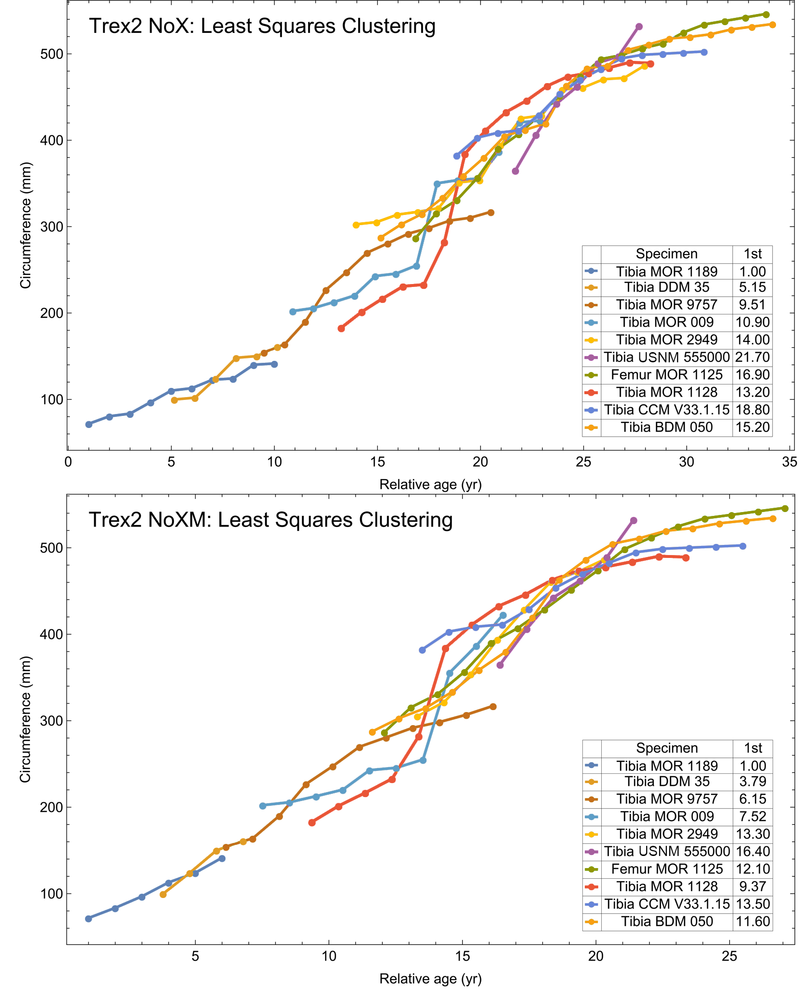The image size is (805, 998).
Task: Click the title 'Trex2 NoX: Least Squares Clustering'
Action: (262, 26)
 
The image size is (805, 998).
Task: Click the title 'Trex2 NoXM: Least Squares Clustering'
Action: (270, 520)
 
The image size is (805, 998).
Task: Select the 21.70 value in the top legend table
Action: (752, 357)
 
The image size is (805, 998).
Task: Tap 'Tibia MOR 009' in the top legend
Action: (666, 322)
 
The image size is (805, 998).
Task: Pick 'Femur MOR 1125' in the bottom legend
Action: (667, 869)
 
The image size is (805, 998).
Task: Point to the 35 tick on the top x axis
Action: (790, 462)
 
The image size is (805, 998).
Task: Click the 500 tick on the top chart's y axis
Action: (54, 54)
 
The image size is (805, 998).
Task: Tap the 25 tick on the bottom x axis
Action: (729, 956)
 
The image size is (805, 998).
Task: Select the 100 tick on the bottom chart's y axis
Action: (54, 894)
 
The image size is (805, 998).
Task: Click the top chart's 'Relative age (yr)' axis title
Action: (430, 485)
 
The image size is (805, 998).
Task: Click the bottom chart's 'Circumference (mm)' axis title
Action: (25, 719)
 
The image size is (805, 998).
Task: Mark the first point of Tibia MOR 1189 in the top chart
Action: (89, 425)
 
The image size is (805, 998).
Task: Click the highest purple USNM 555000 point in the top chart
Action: (639, 27)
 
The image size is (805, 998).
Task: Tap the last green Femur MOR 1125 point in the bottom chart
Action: (785, 509)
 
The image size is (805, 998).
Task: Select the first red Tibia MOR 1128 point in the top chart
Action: (341, 328)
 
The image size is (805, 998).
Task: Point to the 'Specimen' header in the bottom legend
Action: (667, 748)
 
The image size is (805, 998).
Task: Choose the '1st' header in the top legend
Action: (752, 254)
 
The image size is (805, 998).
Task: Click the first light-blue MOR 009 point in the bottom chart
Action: (263, 806)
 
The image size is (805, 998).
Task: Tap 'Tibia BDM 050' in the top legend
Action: (666, 428)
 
